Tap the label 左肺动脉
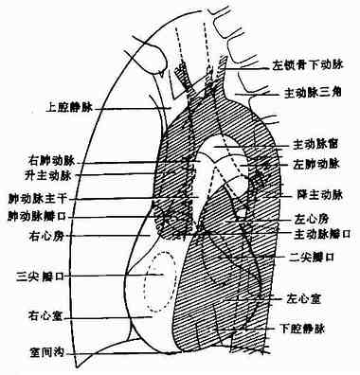pos(314,164)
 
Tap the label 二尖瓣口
pos(308,257)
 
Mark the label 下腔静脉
pos(308,329)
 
